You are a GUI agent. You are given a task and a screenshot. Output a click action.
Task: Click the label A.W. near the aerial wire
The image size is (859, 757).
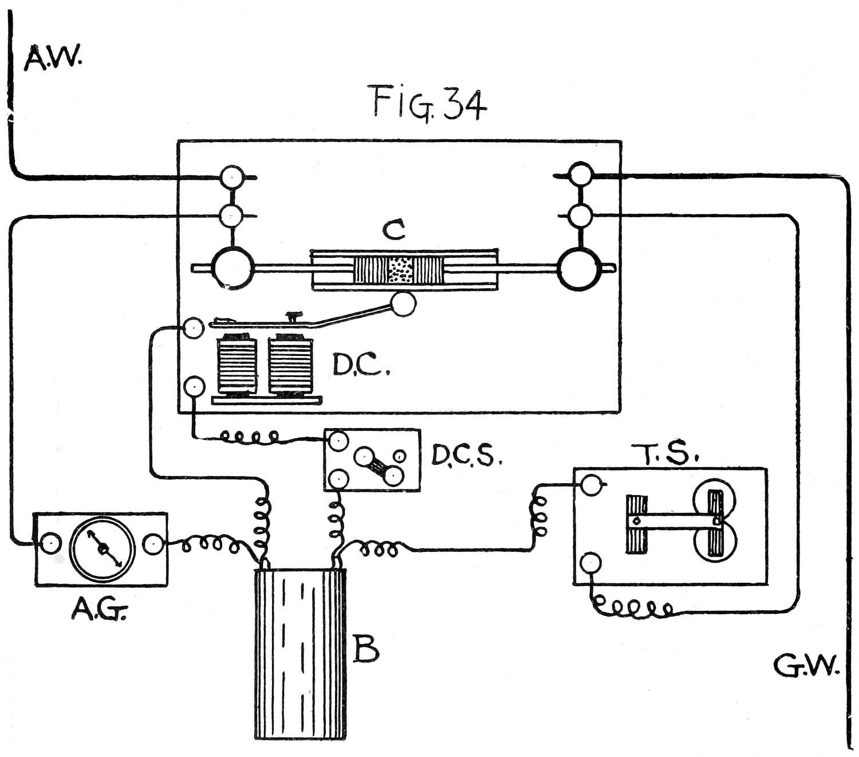[53, 58]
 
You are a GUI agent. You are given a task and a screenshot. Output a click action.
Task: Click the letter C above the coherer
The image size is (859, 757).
[394, 230]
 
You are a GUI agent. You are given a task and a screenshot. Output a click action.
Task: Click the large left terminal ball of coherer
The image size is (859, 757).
[233, 268]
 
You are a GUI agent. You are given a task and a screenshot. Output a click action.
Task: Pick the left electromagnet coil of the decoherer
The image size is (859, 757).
[237, 365]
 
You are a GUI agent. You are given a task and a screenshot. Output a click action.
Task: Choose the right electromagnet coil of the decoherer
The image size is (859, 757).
[291, 365]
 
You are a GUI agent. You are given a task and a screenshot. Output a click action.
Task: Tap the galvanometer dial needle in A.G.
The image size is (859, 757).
[103, 548]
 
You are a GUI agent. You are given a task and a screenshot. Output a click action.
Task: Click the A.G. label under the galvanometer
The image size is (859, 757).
[99, 611]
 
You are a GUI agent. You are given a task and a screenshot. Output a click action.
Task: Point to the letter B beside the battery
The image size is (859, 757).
[365, 649]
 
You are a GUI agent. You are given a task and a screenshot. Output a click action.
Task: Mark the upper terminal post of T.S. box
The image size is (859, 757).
[590, 485]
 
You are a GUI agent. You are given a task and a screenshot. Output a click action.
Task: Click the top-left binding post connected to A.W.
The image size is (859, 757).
[233, 177]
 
